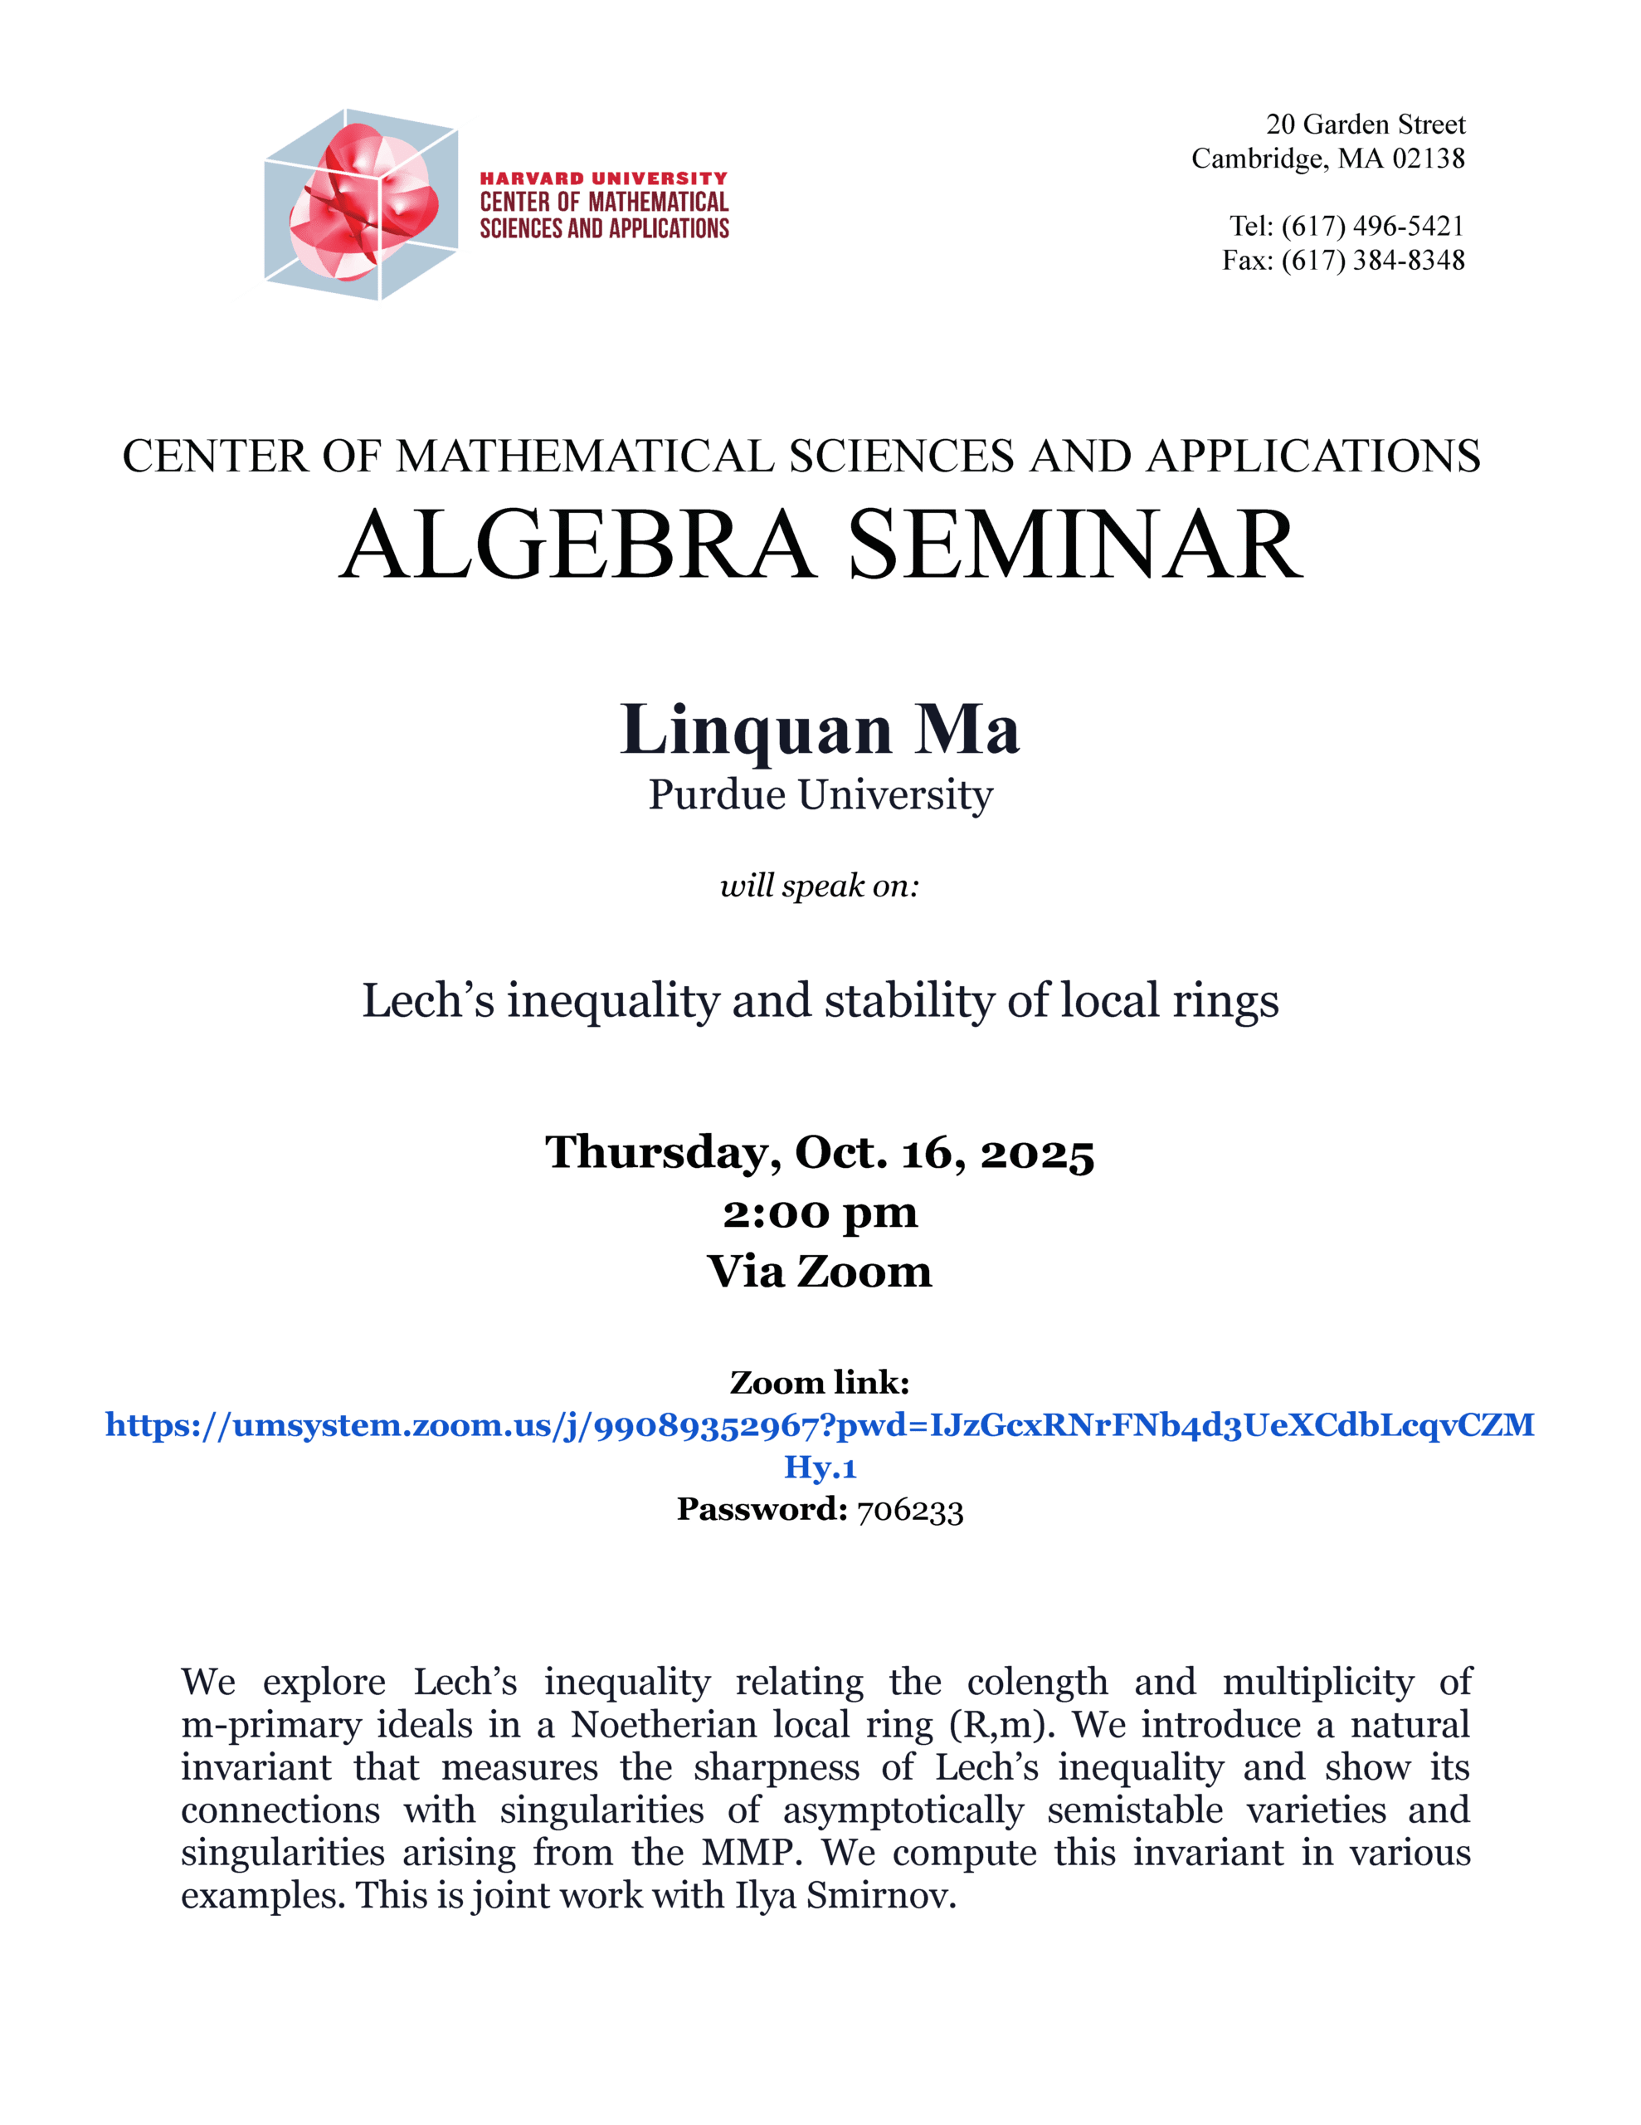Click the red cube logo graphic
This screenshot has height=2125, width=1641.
coord(360,204)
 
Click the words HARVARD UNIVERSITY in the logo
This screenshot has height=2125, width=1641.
coord(603,178)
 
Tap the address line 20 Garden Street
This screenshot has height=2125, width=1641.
coord(1365,125)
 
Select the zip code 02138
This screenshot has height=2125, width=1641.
coord(1427,159)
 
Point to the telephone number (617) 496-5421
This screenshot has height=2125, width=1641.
coord(1371,226)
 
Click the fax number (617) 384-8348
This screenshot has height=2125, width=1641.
coord(1371,260)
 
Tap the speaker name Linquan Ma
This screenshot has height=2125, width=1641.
coord(820,730)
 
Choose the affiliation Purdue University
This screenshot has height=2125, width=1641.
coord(820,795)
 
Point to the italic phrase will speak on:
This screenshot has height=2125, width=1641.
coord(819,886)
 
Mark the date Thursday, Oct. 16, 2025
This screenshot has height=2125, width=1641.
coord(820,1152)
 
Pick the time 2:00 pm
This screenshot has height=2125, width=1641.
coord(820,1213)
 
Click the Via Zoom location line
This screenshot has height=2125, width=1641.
coord(820,1272)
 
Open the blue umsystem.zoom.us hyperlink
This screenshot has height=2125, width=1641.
coord(820,1425)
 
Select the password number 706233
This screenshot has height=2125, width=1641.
coord(909,1510)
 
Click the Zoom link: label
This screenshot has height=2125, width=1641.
coord(820,1383)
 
